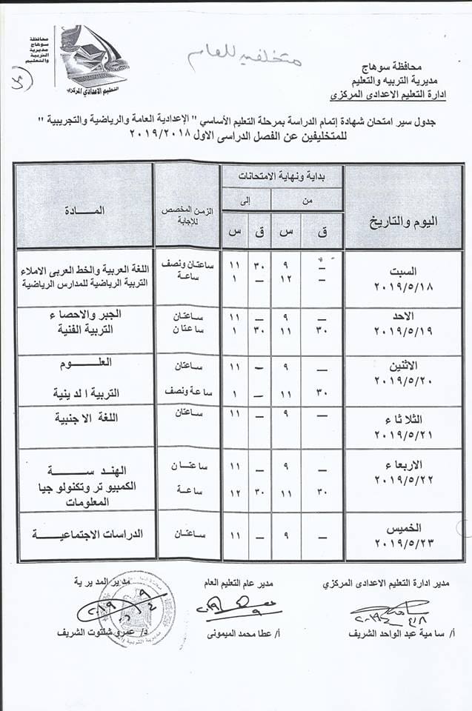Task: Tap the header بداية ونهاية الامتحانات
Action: pyautogui.click(x=285, y=176)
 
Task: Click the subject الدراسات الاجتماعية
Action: pyautogui.click(x=98, y=533)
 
